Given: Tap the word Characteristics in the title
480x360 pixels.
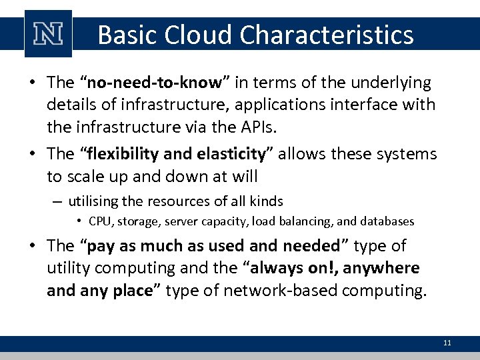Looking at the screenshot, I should [x=331, y=35].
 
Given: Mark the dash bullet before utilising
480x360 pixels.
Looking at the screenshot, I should [x=59, y=201].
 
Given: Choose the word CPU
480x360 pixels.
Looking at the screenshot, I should [x=100, y=221].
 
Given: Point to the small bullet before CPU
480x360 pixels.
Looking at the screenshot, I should [x=79, y=221].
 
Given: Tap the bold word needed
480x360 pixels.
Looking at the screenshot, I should [x=311, y=246].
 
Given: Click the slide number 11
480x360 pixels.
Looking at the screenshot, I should [x=447, y=343].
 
